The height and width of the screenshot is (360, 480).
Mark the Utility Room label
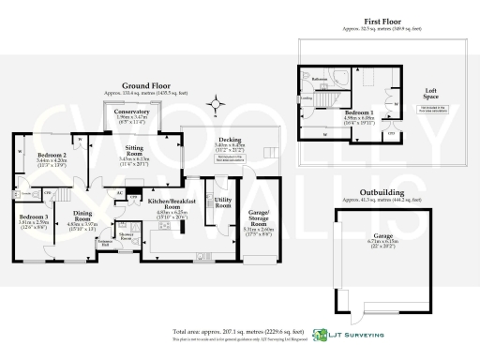point(222,202)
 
